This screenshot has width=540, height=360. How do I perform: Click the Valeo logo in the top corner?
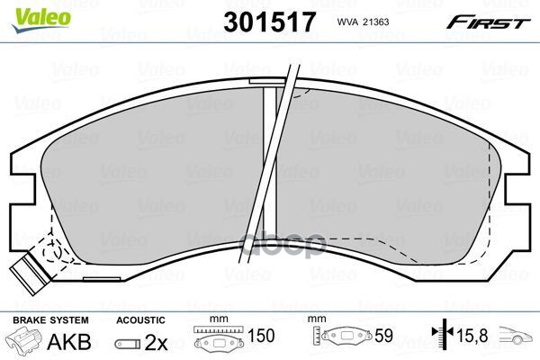pyautogui.click(x=41, y=19)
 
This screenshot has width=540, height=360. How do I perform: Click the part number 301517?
pyautogui.click(x=269, y=22)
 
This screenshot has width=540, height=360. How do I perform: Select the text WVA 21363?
pyautogui.click(x=363, y=22)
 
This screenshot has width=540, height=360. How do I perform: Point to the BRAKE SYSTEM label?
pyautogui.click(x=50, y=320)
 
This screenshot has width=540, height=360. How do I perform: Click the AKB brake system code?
pyautogui.click(x=69, y=342)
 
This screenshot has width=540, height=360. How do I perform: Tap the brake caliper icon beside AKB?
pyautogui.click(x=24, y=339)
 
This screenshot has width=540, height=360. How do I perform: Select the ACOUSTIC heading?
pyautogui.click(x=140, y=320)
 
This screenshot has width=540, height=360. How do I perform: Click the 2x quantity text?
pyautogui.click(x=156, y=342)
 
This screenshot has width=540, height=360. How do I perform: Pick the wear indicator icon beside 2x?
pyautogui.click(x=128, y=344)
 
